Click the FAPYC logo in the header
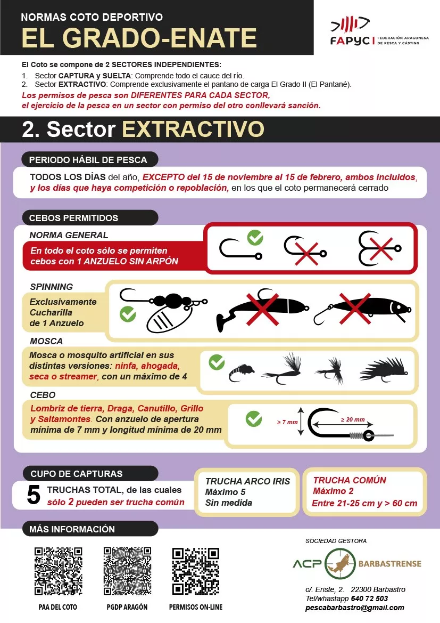(379, 31)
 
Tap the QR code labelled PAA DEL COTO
(59, 571)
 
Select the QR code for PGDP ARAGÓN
(127, 571)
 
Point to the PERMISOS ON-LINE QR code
(196, 571)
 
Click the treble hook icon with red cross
(380, 248)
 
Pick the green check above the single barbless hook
(255, 238)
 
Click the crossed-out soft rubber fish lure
(262, 310)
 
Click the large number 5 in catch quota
(34, 495)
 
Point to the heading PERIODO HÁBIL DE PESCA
(88, 160)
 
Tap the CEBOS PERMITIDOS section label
(74, 218)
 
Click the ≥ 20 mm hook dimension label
(353, 419)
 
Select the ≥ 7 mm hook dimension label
(287, 422)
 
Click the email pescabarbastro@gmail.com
(355, 608)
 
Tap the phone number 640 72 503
(369, 599)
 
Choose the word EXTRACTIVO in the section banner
(193, 129)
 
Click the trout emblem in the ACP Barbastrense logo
(340, 563)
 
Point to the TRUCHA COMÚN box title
(350, 480)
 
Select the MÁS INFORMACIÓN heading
(72, 529)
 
